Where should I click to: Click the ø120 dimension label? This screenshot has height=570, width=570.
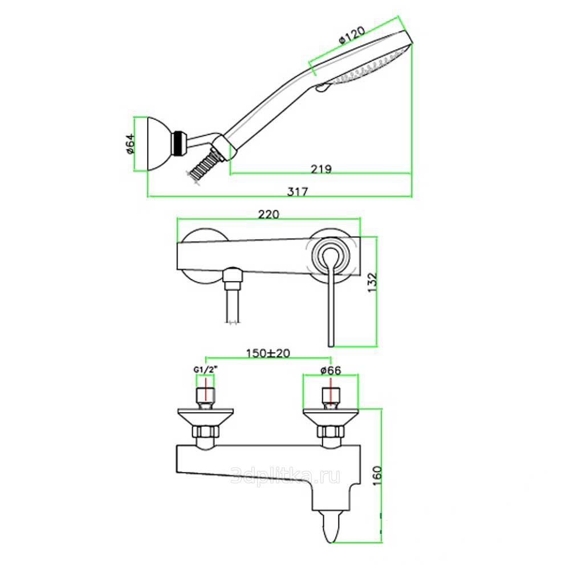click(352, 35)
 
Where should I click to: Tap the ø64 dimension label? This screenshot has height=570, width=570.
click(130, 144)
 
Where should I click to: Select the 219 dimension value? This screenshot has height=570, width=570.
click(321, 169)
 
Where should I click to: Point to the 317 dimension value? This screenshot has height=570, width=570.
click(298, 191)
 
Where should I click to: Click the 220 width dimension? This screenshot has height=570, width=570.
click(268, 214)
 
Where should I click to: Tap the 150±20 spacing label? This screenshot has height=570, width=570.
click(268, 353)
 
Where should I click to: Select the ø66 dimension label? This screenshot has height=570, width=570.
click(331, 370)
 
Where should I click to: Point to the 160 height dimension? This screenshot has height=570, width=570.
click(378, 476)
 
